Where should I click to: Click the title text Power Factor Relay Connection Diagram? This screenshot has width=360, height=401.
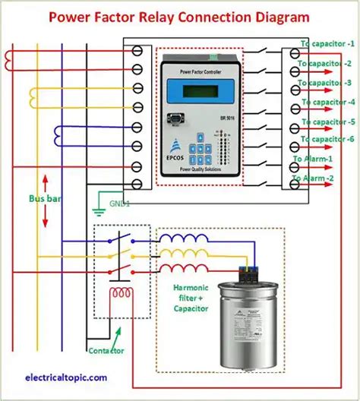(x=180, y=15)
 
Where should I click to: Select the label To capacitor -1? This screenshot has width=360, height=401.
(x=328, y=44)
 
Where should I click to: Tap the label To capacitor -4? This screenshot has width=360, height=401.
(x=328, y=102)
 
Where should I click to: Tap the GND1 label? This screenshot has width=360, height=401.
(x=119, y=204)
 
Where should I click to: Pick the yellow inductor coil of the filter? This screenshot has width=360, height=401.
(x=187, y=254)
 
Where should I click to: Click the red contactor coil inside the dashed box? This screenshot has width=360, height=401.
(x=118, y=293)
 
